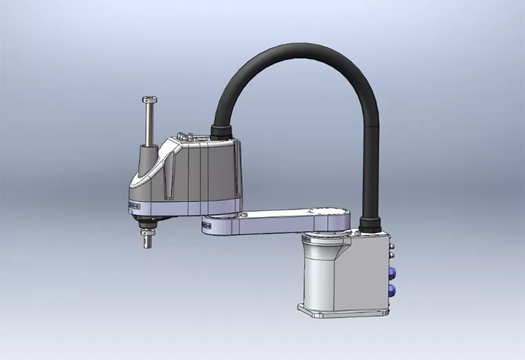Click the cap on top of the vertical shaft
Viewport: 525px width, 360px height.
point(150,101)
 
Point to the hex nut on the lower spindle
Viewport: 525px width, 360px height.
point(146,235)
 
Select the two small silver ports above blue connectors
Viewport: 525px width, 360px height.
point(392,249)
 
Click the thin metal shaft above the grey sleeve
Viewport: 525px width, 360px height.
point(150,124)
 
